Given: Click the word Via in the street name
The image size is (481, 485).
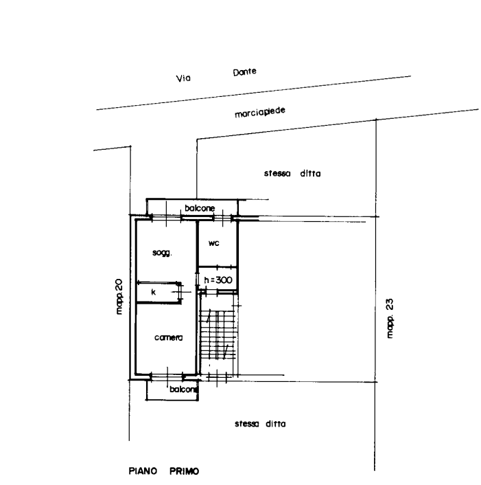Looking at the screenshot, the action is (x=183, y=78).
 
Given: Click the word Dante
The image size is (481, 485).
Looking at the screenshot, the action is (x=245, y=72).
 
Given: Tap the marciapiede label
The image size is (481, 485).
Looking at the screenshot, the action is (x=260, y=113).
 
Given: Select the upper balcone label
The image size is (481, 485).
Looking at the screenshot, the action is (x=200, y=208).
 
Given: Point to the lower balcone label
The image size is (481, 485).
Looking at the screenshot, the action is (x=183, y=390).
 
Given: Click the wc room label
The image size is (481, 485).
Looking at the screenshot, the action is (x=214, y=243).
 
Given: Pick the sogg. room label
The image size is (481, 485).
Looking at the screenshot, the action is (x=162, y=253).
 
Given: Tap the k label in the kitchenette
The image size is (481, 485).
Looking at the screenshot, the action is (x=154, y=292).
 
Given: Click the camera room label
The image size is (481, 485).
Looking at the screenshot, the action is (x=168, y=337).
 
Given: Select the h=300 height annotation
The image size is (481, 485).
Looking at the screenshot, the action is (x=218, y=280).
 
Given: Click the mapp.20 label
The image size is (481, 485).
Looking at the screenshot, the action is (x=119, y=297).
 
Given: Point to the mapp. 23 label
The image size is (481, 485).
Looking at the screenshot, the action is (x=390, y=318).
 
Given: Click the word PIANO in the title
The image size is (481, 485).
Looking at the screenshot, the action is (x=143, y=471).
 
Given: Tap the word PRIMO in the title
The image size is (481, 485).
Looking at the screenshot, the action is (x=185, y=471).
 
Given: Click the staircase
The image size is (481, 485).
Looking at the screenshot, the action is (x=218, y=335).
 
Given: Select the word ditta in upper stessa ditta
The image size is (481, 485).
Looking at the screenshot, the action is (x=310, y=174).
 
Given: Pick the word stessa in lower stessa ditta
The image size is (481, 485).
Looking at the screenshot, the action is (x=246, y=424).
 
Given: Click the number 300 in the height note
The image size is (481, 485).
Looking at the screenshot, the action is (x=224, y=280).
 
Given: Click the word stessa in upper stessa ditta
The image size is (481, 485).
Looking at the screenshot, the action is (x=277, y=174).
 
